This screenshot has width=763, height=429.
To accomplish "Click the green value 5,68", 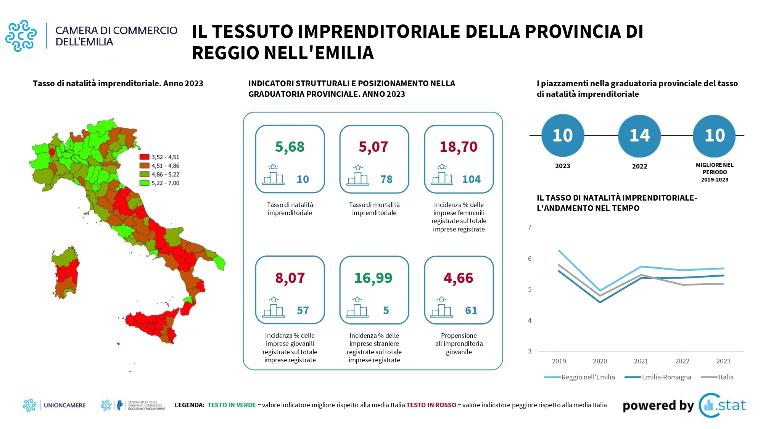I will [290, 147].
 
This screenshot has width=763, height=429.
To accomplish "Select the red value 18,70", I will [459, 147].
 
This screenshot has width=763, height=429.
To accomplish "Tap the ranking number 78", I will [386, 179].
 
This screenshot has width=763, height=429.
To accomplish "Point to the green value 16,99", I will [373, 278].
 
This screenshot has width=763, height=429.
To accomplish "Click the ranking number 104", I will [471, 179].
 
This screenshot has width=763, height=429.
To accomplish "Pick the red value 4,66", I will [458, 278].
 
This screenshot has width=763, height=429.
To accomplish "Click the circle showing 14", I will [639, 136].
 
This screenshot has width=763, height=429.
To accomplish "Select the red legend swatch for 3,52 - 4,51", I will [144, 157].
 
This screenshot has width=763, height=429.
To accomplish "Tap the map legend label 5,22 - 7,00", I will [165, 183].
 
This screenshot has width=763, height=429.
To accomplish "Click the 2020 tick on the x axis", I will [600, 361].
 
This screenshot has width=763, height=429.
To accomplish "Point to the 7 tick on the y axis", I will [530, 227].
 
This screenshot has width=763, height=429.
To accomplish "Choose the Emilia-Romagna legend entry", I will [658, 377].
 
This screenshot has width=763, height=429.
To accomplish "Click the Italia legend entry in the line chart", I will [718, 377].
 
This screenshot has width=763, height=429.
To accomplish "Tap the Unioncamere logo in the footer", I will [55, 405].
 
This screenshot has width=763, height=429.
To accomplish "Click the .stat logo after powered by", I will [723, 405].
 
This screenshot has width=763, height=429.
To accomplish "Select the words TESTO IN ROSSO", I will [431, 405].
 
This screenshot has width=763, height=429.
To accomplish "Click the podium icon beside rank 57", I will [273, 308].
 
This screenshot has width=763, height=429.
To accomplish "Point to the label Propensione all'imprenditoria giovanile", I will [459, 344].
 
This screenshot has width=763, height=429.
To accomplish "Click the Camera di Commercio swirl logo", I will [21, 35].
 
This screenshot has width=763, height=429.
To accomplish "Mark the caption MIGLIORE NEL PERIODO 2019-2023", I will [715, 172].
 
